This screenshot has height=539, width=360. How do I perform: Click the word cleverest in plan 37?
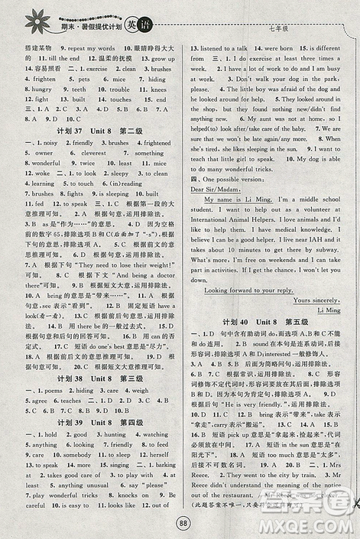pos(87,153)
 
